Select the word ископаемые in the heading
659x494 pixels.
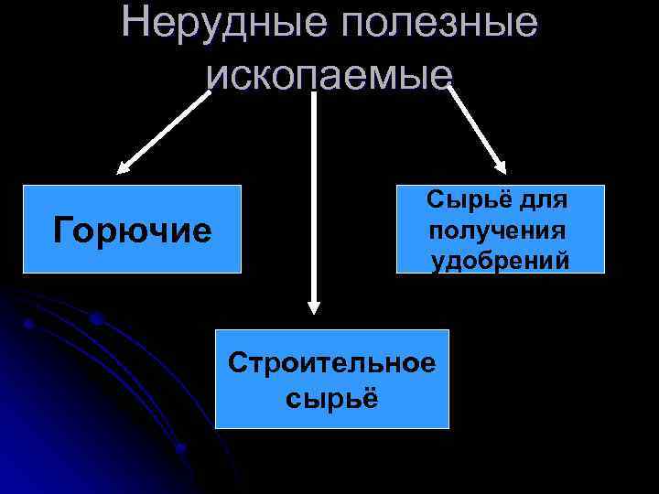(x=330, y=72)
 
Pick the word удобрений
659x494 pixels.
(x=501, y=260)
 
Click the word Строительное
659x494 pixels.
(x=332, y=363)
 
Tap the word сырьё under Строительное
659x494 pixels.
(x=331, y=399)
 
